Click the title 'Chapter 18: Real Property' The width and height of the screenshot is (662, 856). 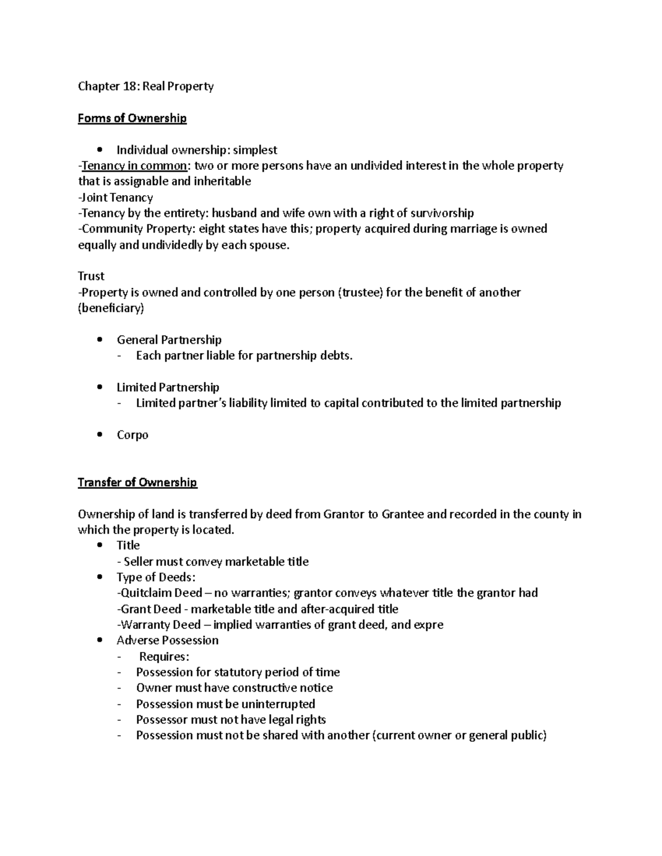pyautogui.click(x=146, y=86)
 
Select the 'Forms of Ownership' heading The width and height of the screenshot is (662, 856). pyautogui.click(x=132, y=118)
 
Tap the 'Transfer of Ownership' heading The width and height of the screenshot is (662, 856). pyautogui.click(x=137, y=482)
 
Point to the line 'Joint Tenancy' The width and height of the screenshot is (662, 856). pyautogui.click(x=116, y=197)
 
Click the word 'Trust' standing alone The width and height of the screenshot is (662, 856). pyautogui.click(x=91, y=276)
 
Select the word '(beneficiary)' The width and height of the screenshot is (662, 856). pyautogui.click(x=111, y=308)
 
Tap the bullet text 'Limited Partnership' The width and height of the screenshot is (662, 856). pyautogui.click(x=168, y=387)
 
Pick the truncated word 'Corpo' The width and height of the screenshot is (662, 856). pyautogui.click(x=132, y=435)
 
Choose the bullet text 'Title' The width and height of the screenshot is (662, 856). pyautogui.click(x=128, y=545)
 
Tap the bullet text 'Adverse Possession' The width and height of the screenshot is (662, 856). pyautogui.click(x=167, y=640)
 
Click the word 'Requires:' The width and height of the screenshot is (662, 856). pyautogui.click(x=164, y=656)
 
